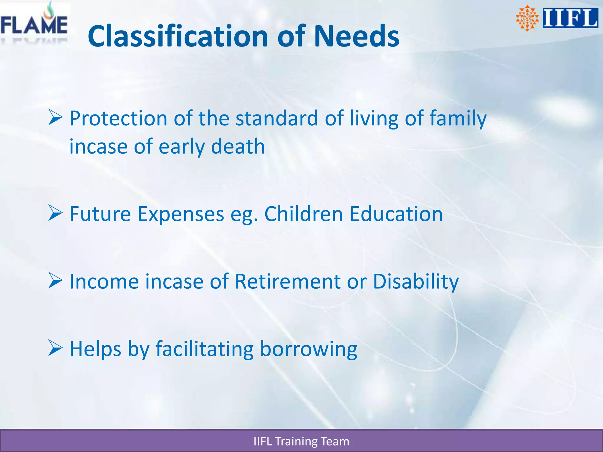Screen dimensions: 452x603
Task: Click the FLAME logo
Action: [34, 24]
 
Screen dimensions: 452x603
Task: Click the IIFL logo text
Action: [570, 18]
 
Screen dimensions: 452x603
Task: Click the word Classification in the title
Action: [178, 36]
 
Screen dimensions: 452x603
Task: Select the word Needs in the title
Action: [356, 36]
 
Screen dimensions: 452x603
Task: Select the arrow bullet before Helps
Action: [55, 348]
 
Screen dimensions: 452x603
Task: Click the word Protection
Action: [118, 118]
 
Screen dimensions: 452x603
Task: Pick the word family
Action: [458, 118]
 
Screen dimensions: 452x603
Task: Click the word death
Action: [238, 146]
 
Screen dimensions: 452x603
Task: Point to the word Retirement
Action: [287, 281]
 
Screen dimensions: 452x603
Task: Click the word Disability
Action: [416, 281]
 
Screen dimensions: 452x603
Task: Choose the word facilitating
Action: [204, 349]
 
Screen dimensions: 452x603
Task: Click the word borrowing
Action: [308, 349]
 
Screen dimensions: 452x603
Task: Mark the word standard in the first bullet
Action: [277, 118]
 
